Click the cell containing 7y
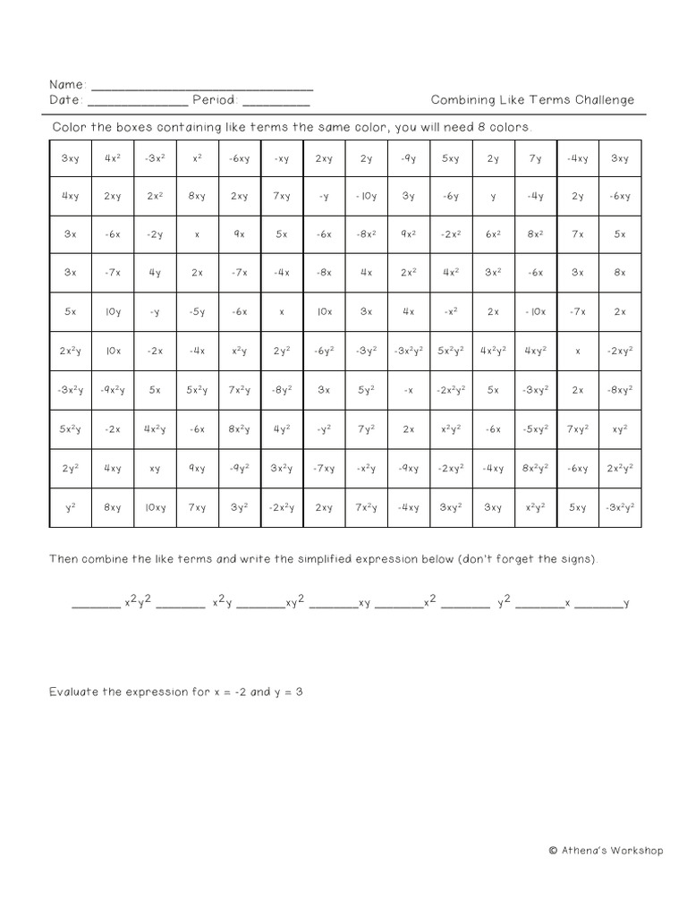tap(535, 158)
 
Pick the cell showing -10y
tap(366, 196)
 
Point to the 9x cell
tap(239, 234)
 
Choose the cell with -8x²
tap(366, 234)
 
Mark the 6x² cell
tap(493, 234)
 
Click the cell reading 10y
tap(112, 312)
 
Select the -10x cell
tap(535, 312)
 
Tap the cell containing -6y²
tap(323, 352)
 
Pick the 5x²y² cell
tap(451, 352)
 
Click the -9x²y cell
tap(112, 390)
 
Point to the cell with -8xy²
tap(619, 390)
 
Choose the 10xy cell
tap(155, 507)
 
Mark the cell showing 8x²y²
tap(535, 468)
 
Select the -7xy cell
tap(323, 468)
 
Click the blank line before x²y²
tap(95, 605)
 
